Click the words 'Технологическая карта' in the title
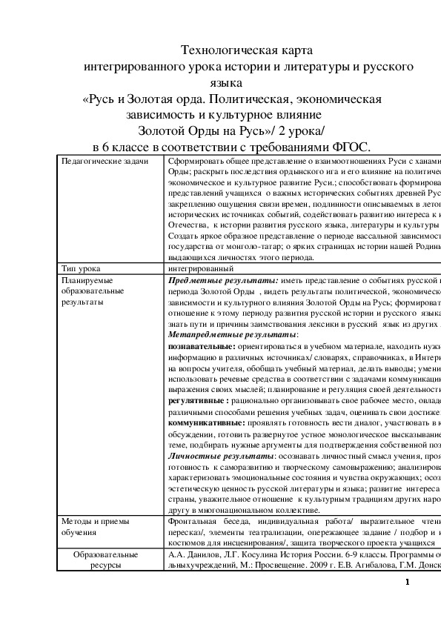coord(248,51)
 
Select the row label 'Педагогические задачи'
coord(104,161)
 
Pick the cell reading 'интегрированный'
coord(201,268)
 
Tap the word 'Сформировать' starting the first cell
coord(194,161)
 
